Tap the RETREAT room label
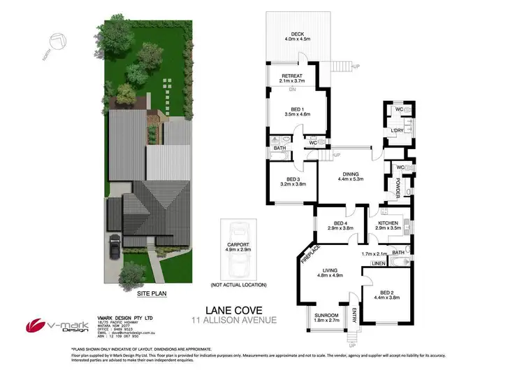tap(292, 76)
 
